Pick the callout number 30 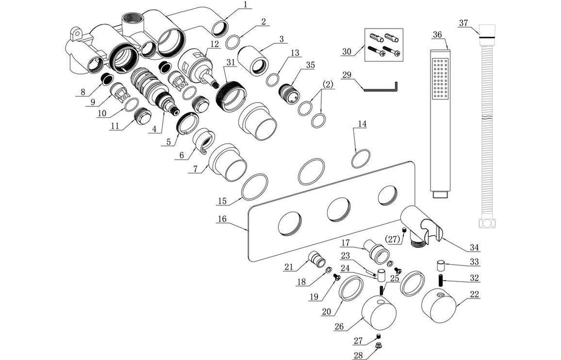point(346,51)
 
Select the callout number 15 point(221,201)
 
